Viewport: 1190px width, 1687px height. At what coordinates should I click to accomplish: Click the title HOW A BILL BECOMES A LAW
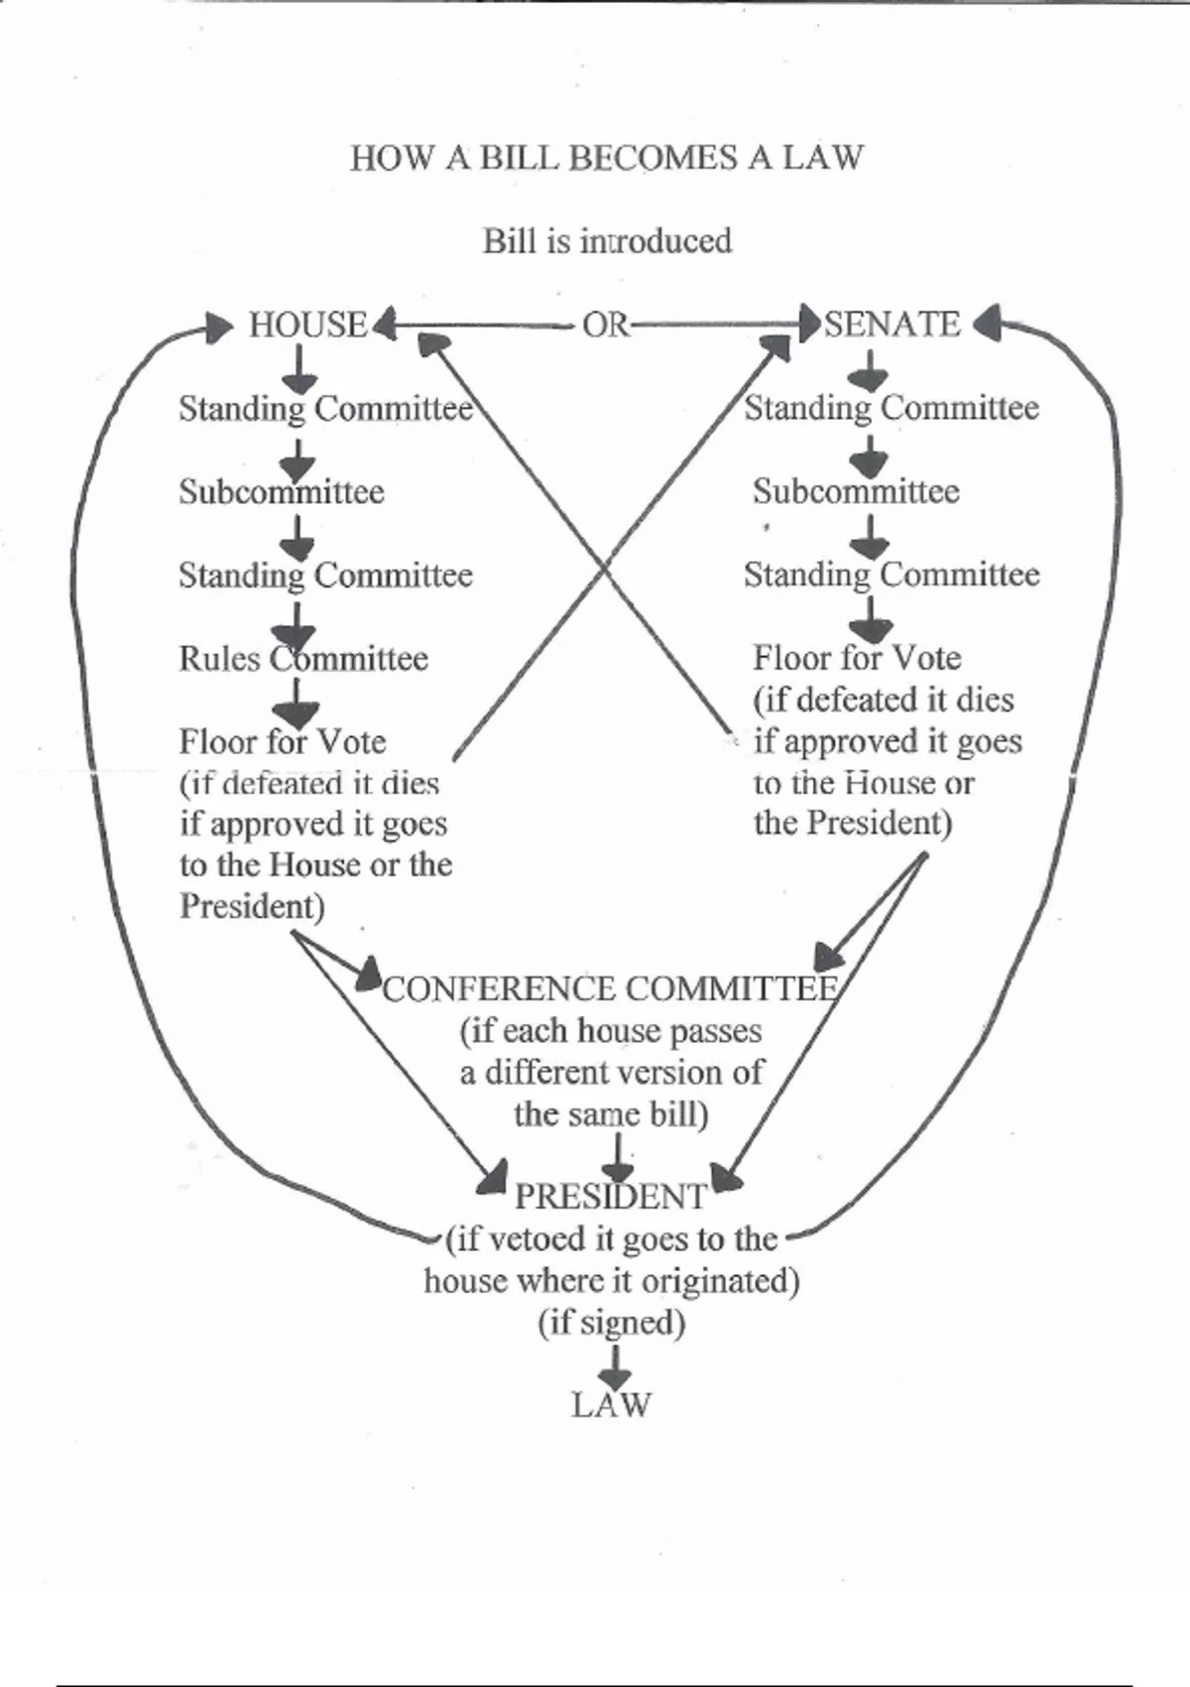tap(607, 158)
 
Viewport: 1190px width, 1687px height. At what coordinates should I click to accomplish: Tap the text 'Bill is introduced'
tap(607, 241)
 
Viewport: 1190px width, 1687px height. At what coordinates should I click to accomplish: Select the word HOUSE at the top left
tap(307, 325)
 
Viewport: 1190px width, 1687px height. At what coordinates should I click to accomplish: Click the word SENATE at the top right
tap(892, 324)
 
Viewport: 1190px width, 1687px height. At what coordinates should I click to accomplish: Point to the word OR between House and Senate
tap(605, 324)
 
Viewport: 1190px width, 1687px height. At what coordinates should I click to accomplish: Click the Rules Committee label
tap(303, 659)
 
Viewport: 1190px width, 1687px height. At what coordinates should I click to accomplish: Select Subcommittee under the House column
tap(282, 492)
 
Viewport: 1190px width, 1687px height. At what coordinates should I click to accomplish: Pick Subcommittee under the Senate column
tap(856, 491)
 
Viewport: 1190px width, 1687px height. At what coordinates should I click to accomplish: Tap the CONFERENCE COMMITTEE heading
tap(610, 989)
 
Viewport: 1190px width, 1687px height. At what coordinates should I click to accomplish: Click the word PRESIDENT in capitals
tap(611, 1197)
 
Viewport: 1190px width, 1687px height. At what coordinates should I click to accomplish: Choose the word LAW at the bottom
tap(611, 1405)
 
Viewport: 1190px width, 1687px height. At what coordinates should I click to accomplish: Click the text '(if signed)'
tap(612, 1323)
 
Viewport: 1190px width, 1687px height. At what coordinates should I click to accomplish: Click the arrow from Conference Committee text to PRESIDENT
tap(618, 1158)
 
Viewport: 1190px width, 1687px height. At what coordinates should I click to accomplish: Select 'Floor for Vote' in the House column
tap(283, 742)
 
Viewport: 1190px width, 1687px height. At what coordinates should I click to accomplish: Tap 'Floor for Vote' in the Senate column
tap(857, 659)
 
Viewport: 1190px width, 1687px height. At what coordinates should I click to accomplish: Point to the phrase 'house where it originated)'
tap(612, 1281)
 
